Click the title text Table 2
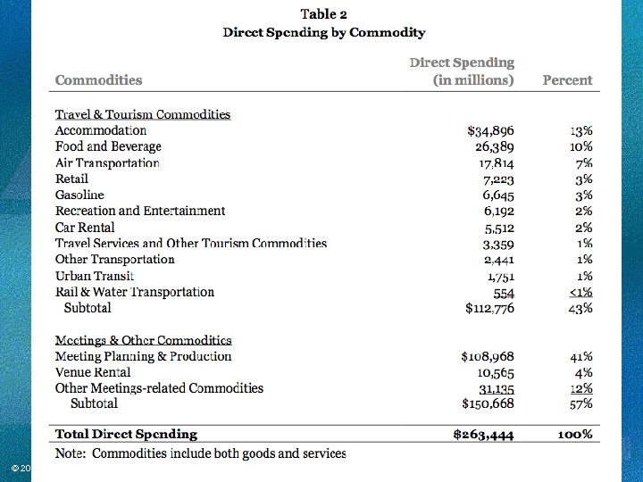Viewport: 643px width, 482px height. click(323, 13)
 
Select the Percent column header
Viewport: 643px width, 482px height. click(567, 79)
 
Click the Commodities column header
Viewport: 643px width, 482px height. click(98, 79)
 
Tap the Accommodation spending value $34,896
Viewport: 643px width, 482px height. click(491, 130)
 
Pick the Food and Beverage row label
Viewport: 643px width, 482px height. click(108, 146)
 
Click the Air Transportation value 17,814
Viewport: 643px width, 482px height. click(497, 163)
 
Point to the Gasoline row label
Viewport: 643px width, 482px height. click(79, 195)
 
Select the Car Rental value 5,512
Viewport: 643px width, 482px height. click(499, 228)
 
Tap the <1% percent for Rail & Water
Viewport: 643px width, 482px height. click(581, 292)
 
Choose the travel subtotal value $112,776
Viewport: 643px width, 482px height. click(489, 309)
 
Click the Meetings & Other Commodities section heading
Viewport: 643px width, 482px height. click(143, 340)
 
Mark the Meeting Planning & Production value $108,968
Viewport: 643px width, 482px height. click(488, 356)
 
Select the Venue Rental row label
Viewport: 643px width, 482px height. click(93, 372)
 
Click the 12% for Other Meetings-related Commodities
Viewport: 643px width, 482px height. click(581, 388)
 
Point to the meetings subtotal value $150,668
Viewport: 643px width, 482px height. click(489, 404)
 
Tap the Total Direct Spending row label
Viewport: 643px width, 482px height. click(126, 435)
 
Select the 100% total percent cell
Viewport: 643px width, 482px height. click(574, 435)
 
